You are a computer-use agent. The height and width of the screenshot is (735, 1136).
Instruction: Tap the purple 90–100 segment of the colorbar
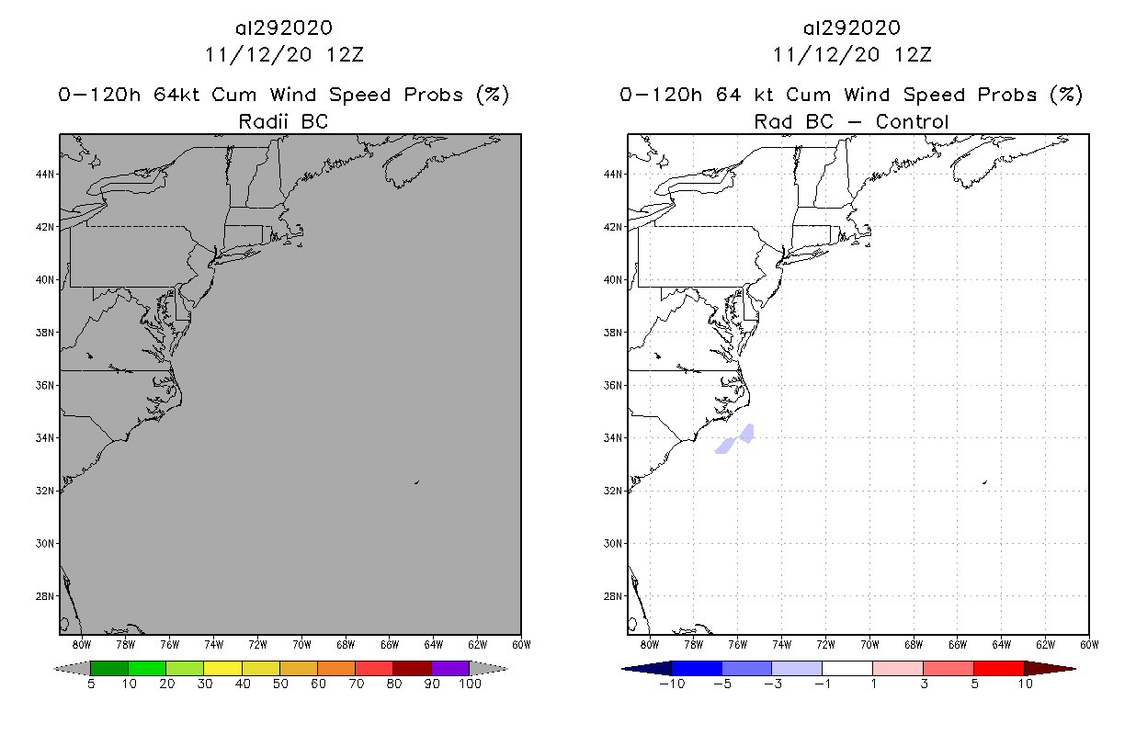449,668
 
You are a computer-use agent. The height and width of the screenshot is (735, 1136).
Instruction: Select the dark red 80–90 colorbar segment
412,668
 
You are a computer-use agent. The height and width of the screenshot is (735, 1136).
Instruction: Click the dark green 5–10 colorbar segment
109,668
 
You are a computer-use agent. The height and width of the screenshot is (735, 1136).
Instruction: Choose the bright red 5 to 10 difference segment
998,668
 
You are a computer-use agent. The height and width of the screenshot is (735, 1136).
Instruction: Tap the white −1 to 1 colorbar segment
847,668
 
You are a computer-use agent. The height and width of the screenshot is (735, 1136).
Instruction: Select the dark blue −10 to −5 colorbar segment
697,668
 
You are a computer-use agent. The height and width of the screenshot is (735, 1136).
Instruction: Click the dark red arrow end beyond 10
1052,668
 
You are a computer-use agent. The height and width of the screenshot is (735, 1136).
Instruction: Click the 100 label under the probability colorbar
469,684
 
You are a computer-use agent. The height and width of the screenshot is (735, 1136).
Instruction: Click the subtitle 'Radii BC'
283,121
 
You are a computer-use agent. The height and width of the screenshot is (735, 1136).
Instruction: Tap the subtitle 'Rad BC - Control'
851,121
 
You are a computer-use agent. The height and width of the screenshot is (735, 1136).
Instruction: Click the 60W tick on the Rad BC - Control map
1088,643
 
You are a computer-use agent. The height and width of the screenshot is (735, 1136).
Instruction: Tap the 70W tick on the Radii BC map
301,643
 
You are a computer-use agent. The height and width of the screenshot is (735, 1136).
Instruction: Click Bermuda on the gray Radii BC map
416,481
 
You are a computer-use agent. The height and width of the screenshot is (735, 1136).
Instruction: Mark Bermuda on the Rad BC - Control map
984,481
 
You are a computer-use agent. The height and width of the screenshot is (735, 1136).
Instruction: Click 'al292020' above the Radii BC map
283,28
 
